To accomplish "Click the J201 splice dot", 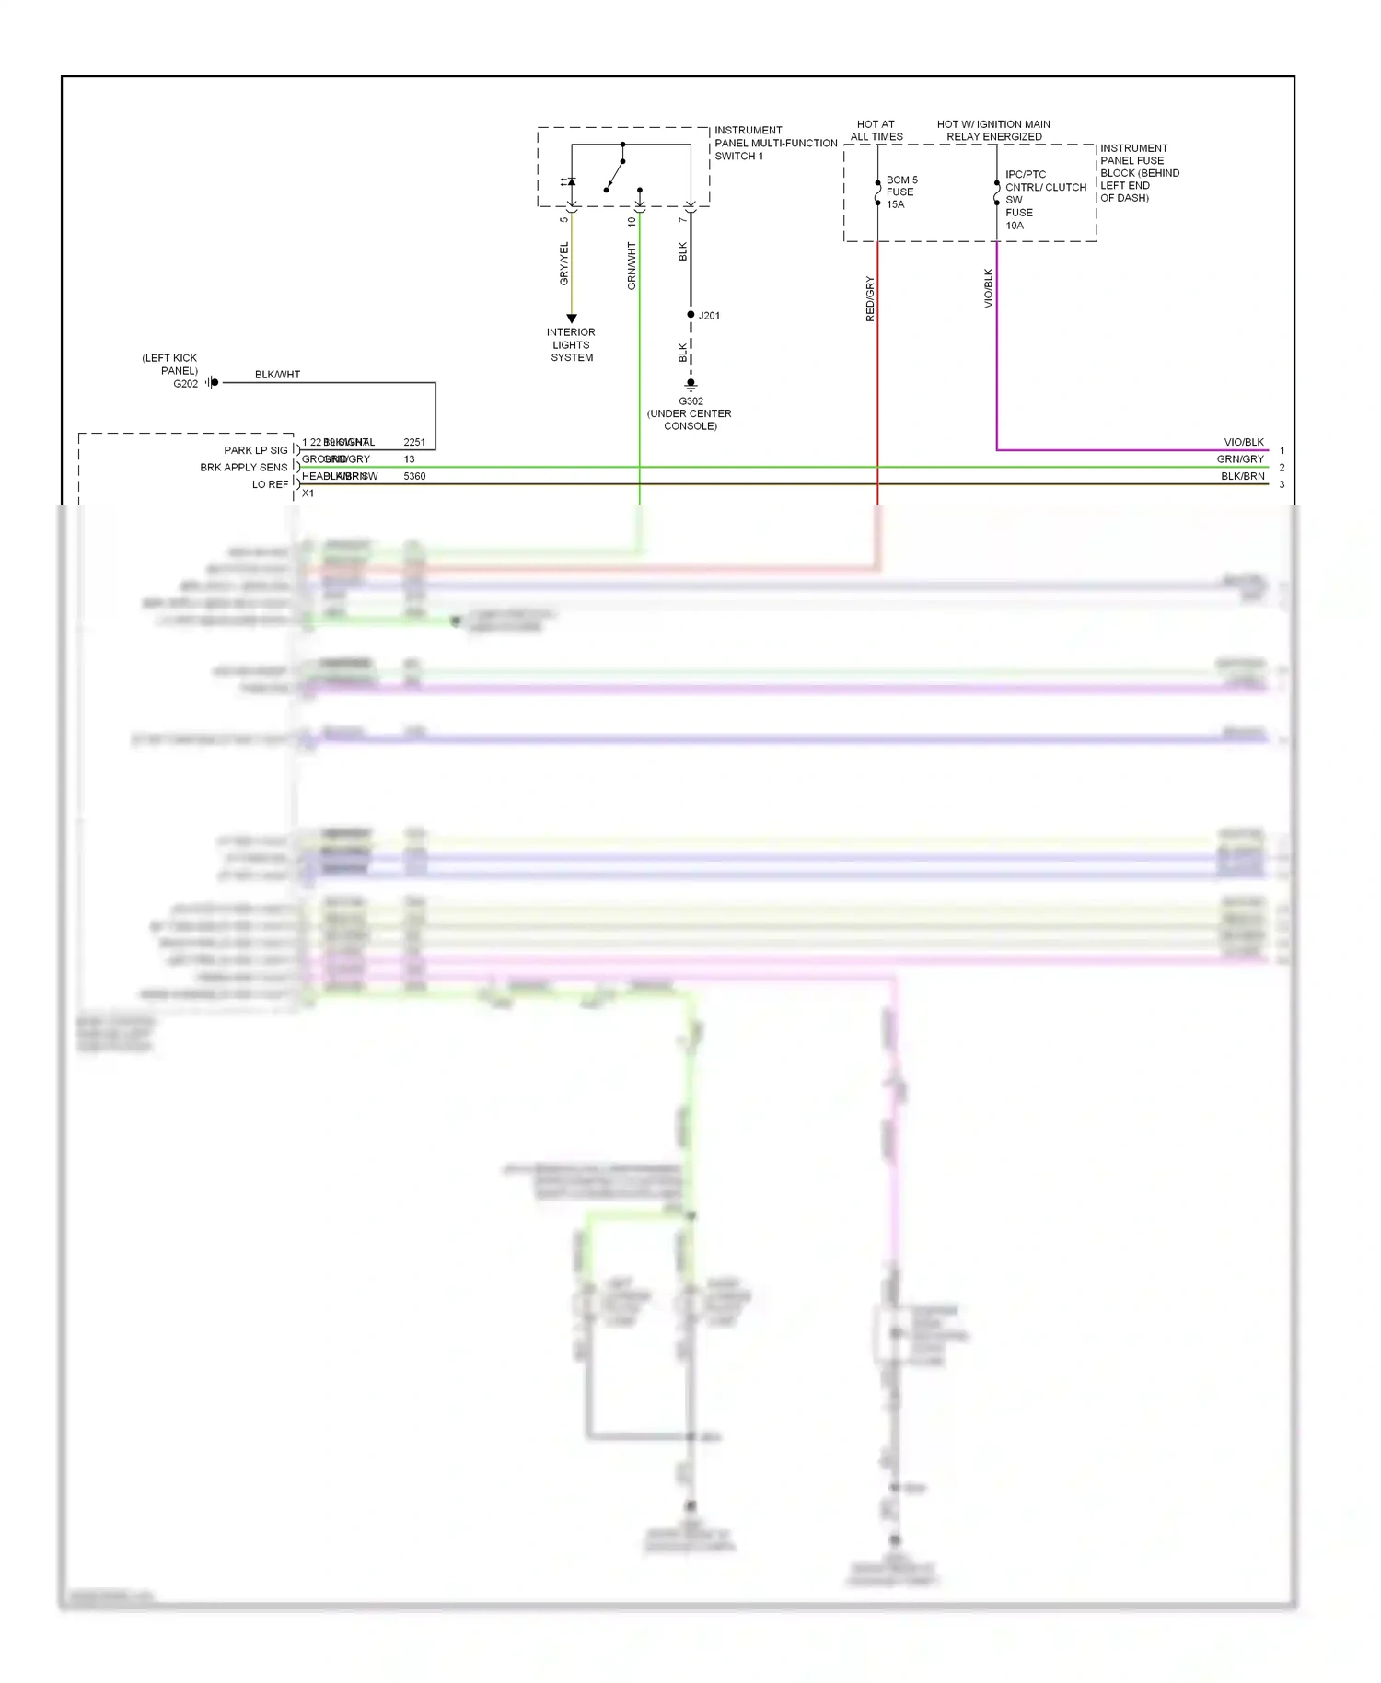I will [690, 315].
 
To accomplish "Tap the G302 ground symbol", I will [690, 385].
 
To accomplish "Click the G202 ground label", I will [185, 384].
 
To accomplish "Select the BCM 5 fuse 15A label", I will [901, 192].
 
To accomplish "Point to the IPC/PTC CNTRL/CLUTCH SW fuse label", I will [1045, 199].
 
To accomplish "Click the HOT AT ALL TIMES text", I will [876, 130].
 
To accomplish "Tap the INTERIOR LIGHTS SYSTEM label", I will [571, 345].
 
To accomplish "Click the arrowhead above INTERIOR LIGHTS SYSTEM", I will [572, 319].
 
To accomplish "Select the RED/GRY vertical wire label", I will [870, 298].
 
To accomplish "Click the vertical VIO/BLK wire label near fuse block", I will [989, 288].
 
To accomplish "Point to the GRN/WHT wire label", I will [632, 266].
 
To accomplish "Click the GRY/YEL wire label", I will [564, 263].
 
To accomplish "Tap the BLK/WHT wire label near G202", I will [277, 375].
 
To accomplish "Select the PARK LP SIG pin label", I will [255, 450].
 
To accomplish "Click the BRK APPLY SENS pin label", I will [243, 468].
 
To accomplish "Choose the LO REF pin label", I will [270, 484].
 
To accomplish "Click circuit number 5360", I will [414, 476].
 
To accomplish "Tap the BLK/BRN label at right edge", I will [1242, 476].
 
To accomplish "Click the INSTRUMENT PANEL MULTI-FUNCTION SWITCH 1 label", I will [775, 143].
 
